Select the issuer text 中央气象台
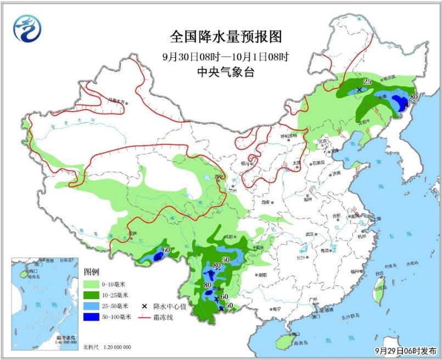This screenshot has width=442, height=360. tap(225, 72)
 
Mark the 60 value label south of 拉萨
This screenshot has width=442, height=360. tap(166, 250)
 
